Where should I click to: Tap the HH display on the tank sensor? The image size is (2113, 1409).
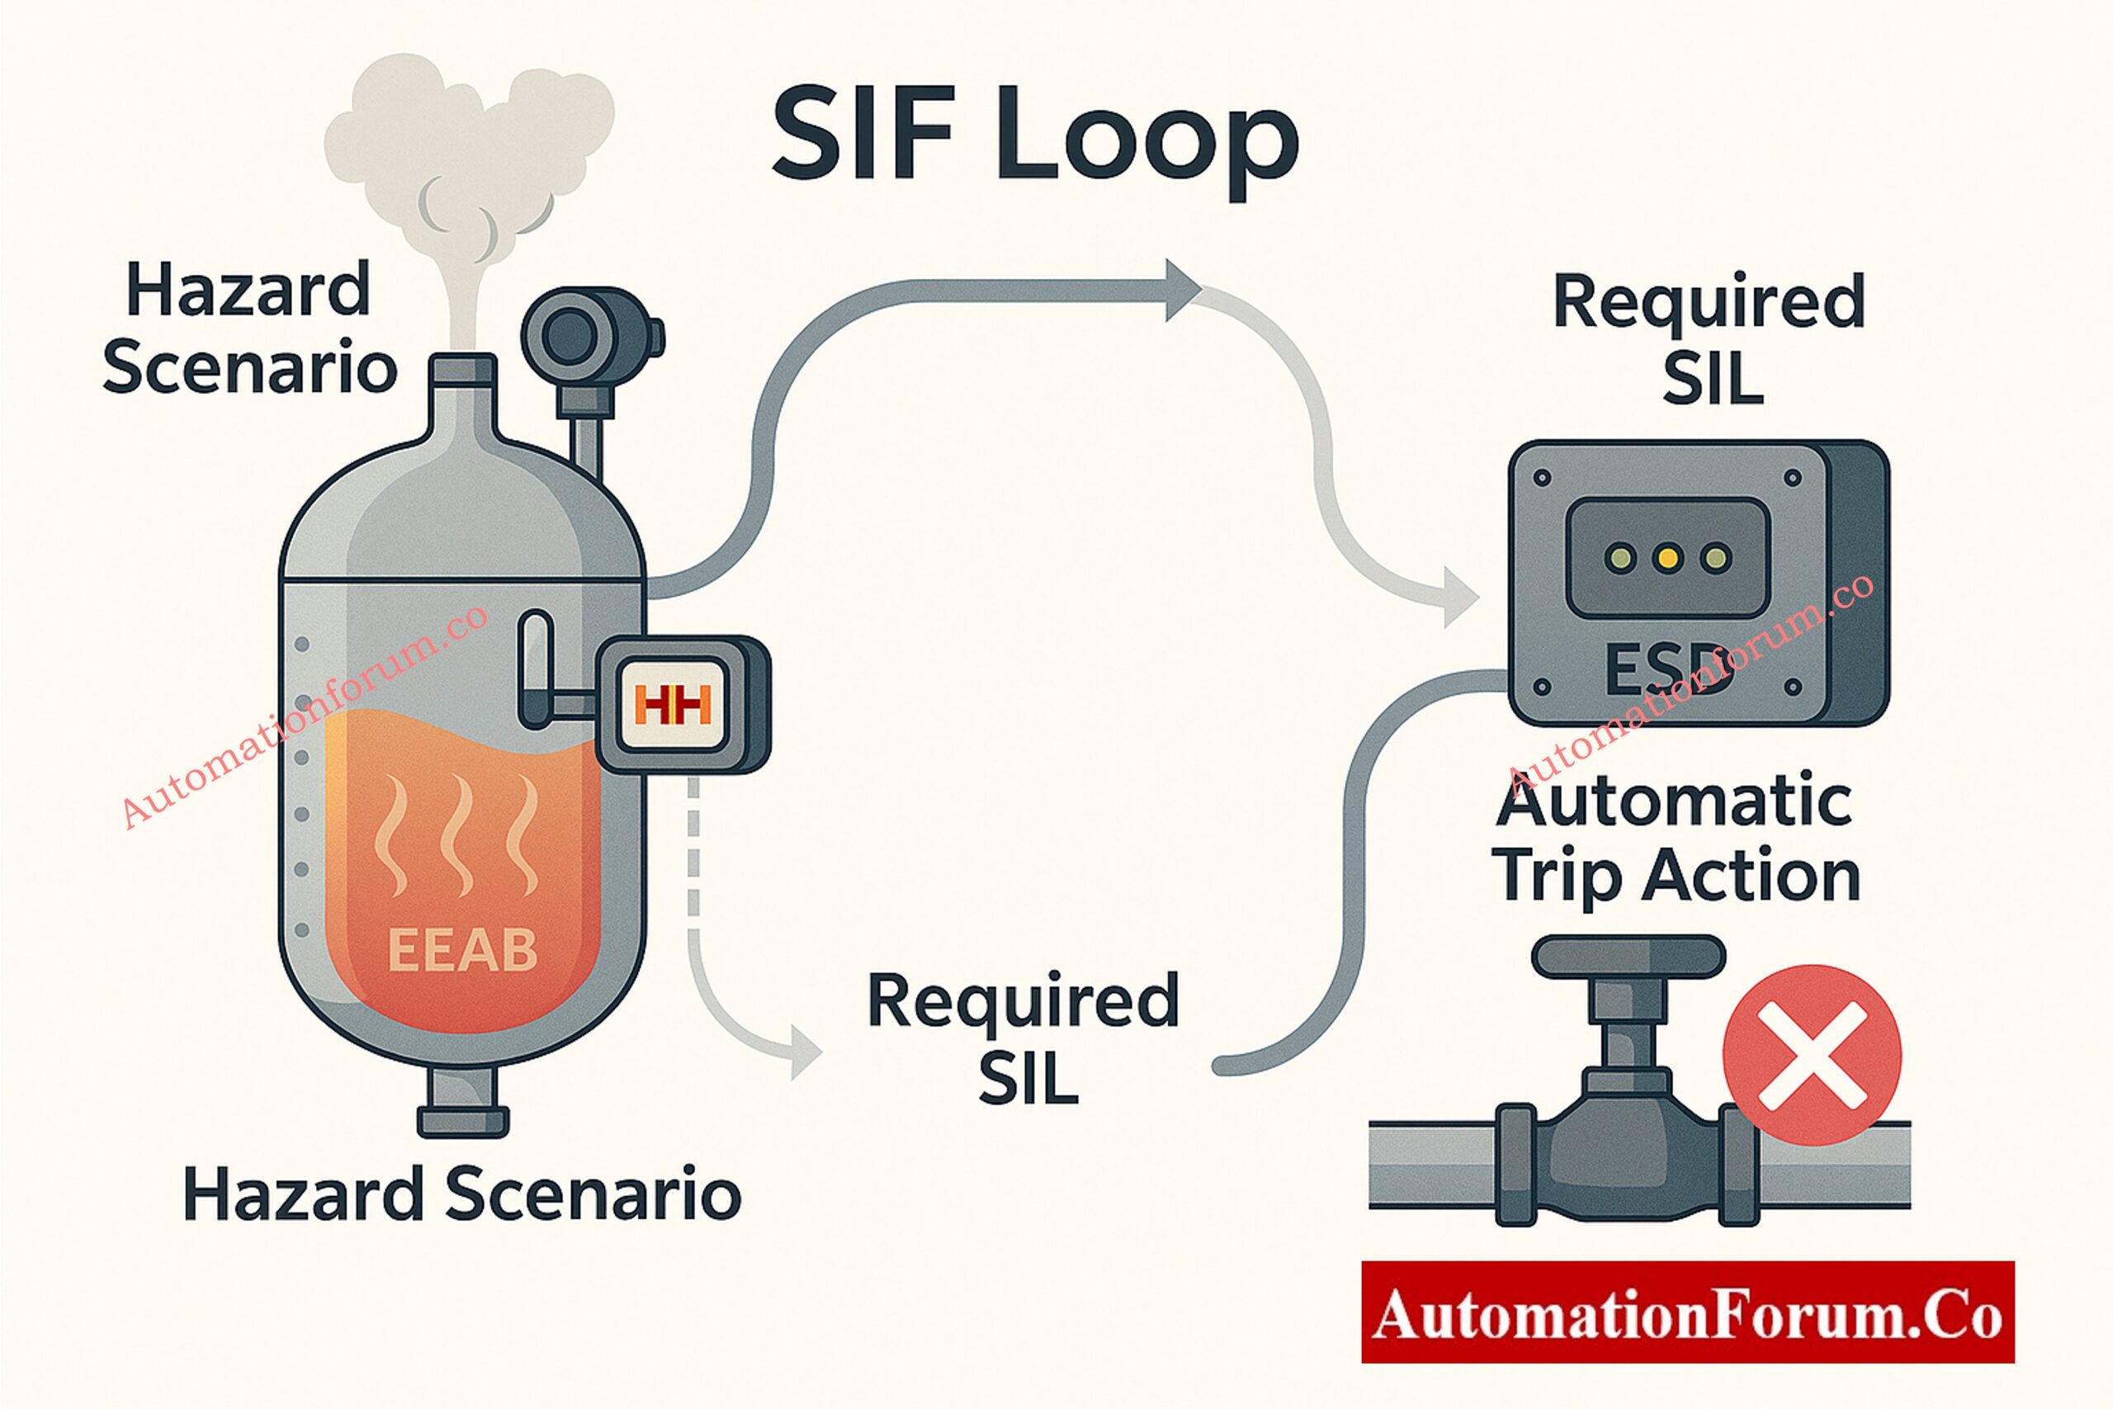(x=672, y=705)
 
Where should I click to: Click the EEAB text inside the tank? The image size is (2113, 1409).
(x=463, y=951)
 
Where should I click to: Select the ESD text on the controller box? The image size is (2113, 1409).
(x=1668, y=669)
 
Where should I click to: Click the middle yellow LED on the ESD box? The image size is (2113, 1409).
(x=1667, y=558)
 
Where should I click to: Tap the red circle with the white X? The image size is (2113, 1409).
(x=1811, y=1054)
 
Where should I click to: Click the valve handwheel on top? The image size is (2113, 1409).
(x=1628, y=956)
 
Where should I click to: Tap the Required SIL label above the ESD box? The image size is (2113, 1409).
(x=1709, y=338)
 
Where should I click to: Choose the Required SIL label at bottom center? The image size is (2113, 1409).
(x=1024, y=1038)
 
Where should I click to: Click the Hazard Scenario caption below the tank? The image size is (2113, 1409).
(x=461, y=1194)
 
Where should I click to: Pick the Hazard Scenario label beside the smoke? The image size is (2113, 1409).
(x=248, y=328)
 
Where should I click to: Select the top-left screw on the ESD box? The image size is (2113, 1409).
(x=1543, y=478)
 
